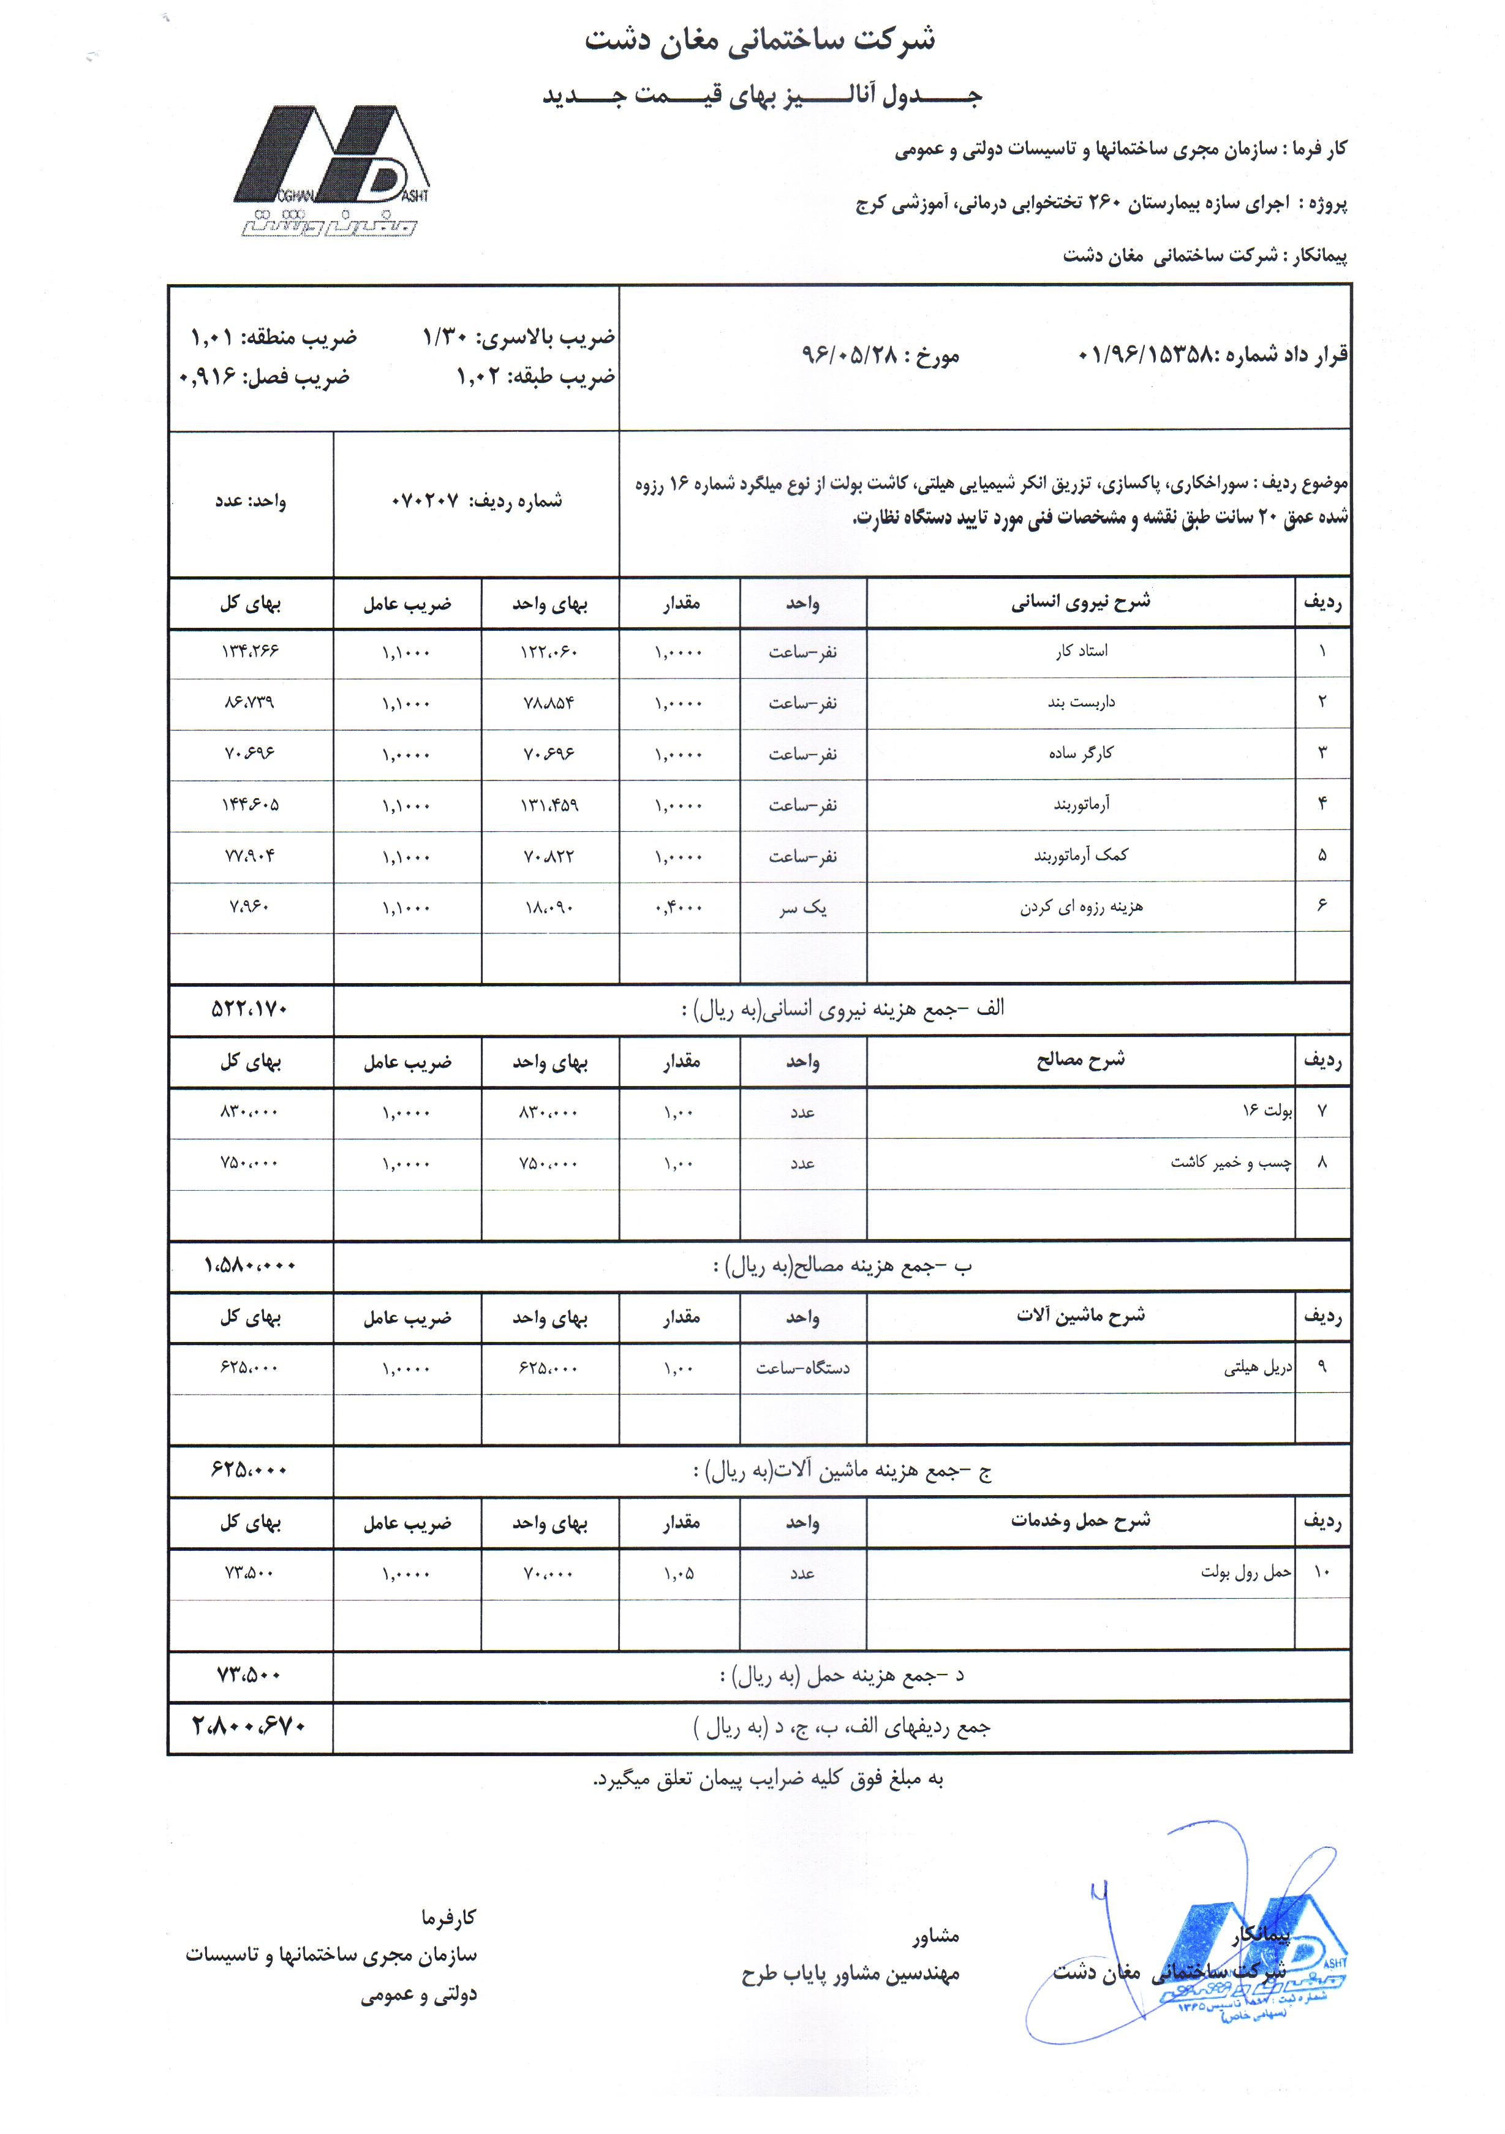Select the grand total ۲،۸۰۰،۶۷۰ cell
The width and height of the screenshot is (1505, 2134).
point(249,1726)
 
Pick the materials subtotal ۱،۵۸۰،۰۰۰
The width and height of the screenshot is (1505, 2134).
point(249,1265)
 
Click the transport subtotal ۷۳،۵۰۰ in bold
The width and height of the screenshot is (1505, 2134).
point(249,1675)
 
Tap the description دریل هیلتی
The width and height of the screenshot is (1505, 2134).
point(1257,1367)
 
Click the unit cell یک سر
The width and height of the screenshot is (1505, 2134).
point(802,907)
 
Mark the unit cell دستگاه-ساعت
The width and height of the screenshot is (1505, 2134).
point(802,1368)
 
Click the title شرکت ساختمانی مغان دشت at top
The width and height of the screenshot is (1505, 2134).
point(760,40)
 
